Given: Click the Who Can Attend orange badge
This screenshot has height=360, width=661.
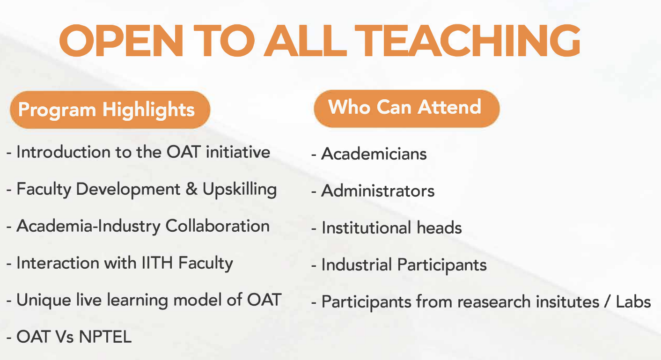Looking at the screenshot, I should point(405,107).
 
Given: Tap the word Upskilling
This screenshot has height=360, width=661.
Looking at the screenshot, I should point(240,190).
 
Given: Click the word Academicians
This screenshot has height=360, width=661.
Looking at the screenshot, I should point(374,154).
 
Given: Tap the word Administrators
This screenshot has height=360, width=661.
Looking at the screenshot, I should point(378,191).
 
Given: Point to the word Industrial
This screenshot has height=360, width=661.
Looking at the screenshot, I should point(357,265).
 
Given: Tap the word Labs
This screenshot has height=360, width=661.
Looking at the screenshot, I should point(634,302).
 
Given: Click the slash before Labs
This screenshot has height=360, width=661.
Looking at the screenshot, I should point(607,302).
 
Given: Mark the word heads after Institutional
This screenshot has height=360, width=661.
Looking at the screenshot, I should point(439,228).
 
